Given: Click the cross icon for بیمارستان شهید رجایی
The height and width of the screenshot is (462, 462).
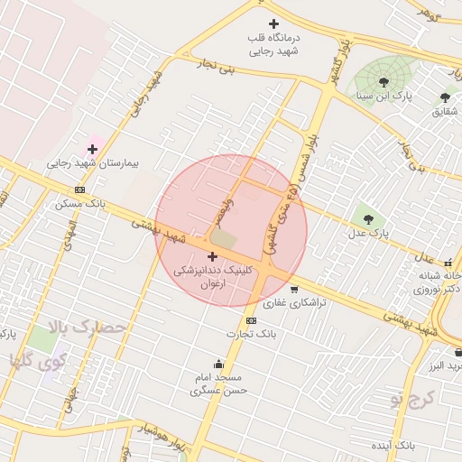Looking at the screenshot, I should pyautogui.click(x=92, y=149).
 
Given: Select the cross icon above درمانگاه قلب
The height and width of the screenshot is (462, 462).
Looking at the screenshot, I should pyautogui.click(x=274, y=23).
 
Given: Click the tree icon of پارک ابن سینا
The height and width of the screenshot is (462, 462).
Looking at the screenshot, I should pyautogui.click(x=383, y=82).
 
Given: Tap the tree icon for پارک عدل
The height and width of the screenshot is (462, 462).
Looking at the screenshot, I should pyautogui.click(x=367, y=218).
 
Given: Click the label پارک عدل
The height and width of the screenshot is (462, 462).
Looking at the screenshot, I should pyautogui.click(x=367, y=233).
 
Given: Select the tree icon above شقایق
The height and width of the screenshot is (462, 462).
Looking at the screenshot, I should pyautogui.click(x=445, y=97).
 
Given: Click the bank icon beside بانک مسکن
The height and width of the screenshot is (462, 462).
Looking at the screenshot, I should pyautogui.click(x=80, y=189).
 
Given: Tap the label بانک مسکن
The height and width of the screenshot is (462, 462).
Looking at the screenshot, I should pyautogui.click(x=80, y=204).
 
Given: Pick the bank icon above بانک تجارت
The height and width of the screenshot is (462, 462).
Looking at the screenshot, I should pyautogui.click(x=251, y=320).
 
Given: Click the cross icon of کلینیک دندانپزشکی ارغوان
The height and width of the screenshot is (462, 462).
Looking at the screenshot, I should pyautogui.click(x=212, y=256).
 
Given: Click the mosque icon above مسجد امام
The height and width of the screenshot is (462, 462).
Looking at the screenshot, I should pyautogui.click(x=218, y=364).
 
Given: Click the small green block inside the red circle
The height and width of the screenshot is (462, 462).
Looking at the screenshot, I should pyautogui.click(x=224, y=239).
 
